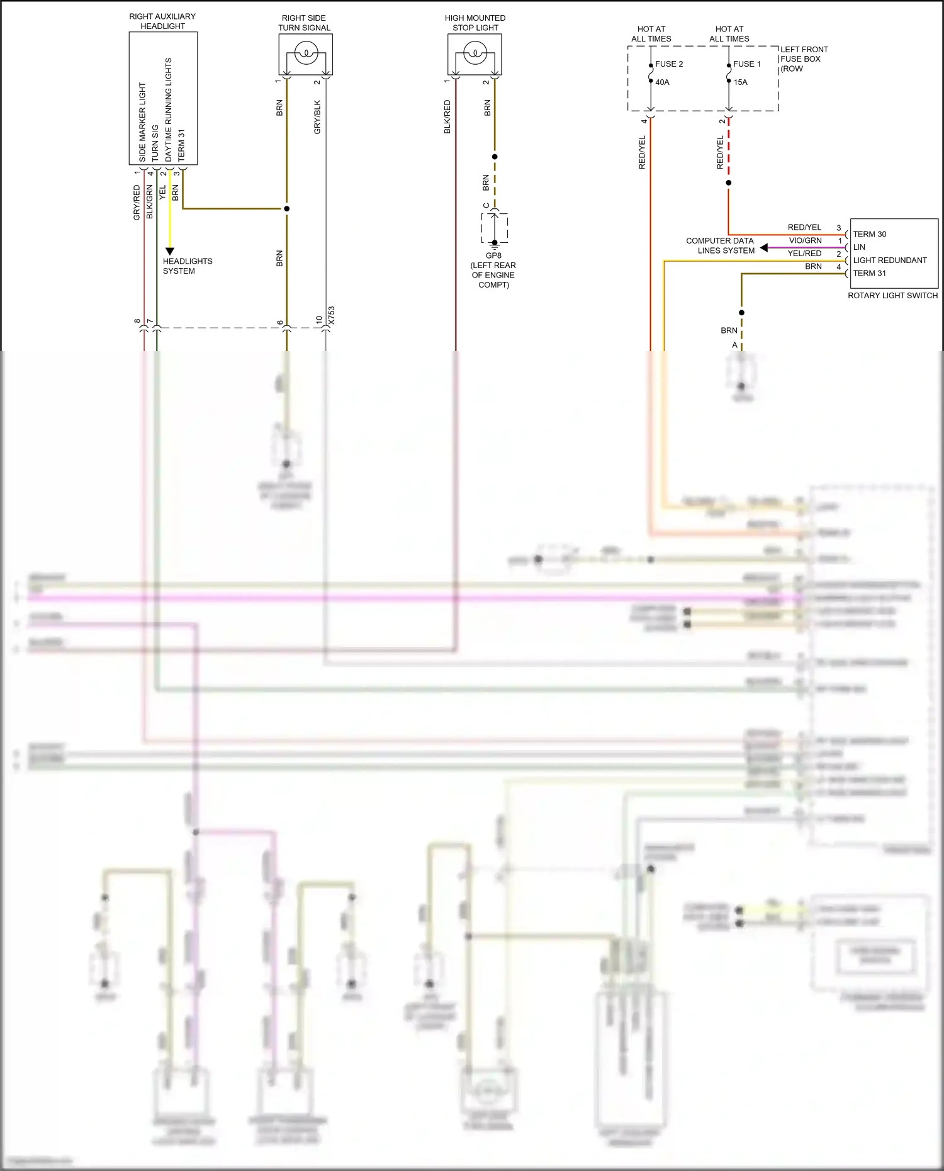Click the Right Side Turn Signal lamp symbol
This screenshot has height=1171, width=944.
[x=305, y=53]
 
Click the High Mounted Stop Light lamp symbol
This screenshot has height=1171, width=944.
[x=475, y=53]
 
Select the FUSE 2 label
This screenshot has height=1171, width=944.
[x=668, y=64]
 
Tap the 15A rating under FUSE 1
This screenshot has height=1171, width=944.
[x=740, y=82]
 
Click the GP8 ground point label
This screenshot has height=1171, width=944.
[x=493, y=255]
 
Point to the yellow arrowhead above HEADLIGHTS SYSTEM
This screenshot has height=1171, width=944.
[x=169, y=251]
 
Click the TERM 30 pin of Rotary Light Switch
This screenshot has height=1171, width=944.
[x=869, y=234]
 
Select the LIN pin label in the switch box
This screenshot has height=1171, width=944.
[x=859, y=247]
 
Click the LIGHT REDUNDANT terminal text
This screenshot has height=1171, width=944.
[x=889, y=261]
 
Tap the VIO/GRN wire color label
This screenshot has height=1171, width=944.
[x=805, y=240]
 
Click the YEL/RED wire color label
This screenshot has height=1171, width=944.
[x=804, y=254]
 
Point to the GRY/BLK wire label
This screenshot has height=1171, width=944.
[x=317, y=117]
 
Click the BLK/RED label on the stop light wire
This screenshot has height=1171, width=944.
[x=447, y=117]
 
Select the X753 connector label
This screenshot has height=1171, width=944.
[x=332, y=315]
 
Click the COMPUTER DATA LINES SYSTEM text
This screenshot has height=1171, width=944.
[x=721, y=245]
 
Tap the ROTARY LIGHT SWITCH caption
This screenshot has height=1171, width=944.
[x=892, y=295]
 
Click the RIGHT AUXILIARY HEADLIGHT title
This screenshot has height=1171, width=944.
[x=162, y=21]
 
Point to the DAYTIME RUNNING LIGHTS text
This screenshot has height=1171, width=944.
[x=168, y=109]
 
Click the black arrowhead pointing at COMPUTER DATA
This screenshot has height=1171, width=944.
[x=764, y=248]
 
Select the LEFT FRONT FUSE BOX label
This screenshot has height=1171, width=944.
[x=804, y=59]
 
